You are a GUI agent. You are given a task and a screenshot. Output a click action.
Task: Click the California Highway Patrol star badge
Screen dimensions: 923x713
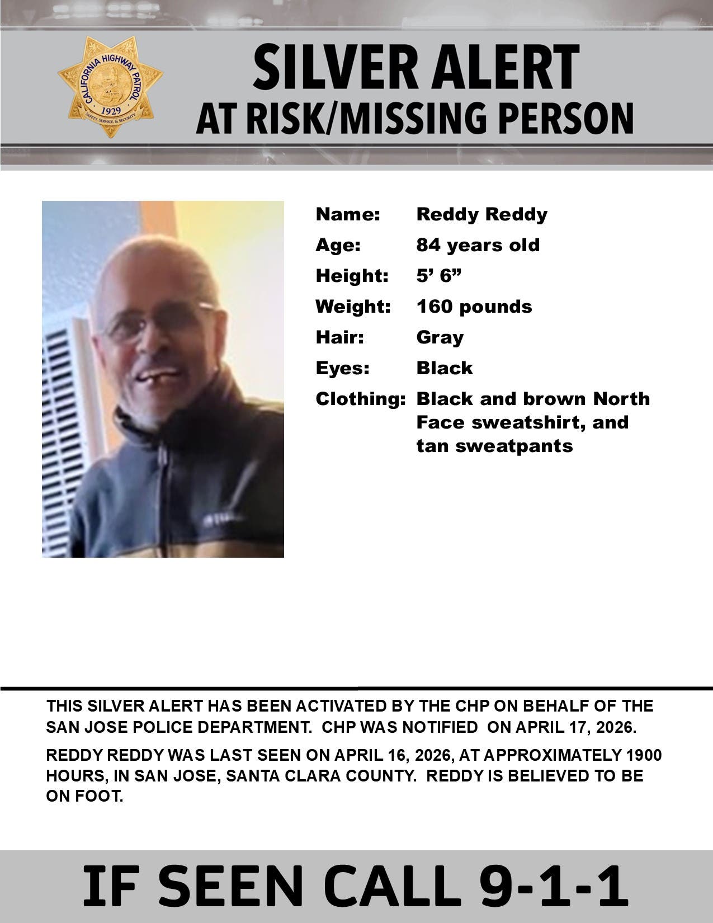tap(110, 87)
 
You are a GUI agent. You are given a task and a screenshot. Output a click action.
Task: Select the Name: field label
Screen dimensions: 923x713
tap(348, 214)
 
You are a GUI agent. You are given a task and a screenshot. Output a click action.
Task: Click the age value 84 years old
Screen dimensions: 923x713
tap(478, 245)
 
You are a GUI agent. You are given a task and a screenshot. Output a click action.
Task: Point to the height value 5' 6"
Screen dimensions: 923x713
tap(438, 276)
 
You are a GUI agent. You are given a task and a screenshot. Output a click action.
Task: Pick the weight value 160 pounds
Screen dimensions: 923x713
tap(474, 307)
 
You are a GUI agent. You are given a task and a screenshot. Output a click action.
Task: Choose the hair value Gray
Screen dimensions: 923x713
tap(440, 337)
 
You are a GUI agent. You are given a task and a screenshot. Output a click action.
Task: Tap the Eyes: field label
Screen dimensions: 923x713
tap(342, 368)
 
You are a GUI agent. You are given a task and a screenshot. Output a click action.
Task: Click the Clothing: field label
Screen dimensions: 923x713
tap(360, 399)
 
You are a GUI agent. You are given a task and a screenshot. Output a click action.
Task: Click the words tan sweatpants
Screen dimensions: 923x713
tap(494, 446)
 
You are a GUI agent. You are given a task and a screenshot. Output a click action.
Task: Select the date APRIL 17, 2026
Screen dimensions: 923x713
tap(575, 728)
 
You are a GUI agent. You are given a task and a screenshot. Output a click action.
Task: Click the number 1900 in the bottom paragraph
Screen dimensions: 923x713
tap(643, 755)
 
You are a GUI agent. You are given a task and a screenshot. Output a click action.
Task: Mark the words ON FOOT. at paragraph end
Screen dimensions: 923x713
tap(84, 797)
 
